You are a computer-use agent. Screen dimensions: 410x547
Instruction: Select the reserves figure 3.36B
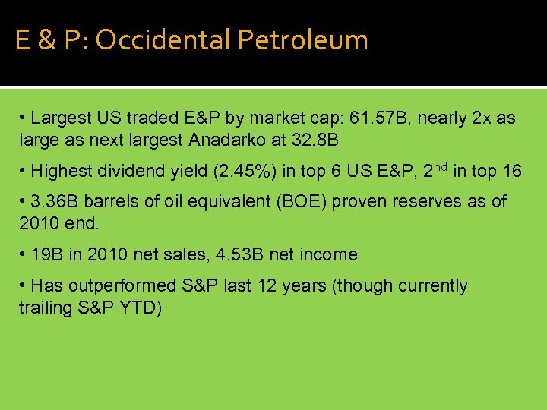[55, 203]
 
